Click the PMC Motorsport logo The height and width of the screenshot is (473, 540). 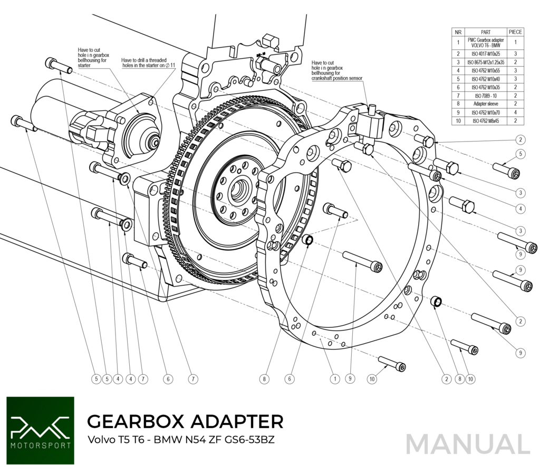tap(40, 430)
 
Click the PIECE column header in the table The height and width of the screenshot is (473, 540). tap(515, 32)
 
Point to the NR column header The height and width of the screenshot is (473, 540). tap(459, 32)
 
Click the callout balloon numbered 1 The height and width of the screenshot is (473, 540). tap(334, 378)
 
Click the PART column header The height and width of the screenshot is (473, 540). tap(486, 32)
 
